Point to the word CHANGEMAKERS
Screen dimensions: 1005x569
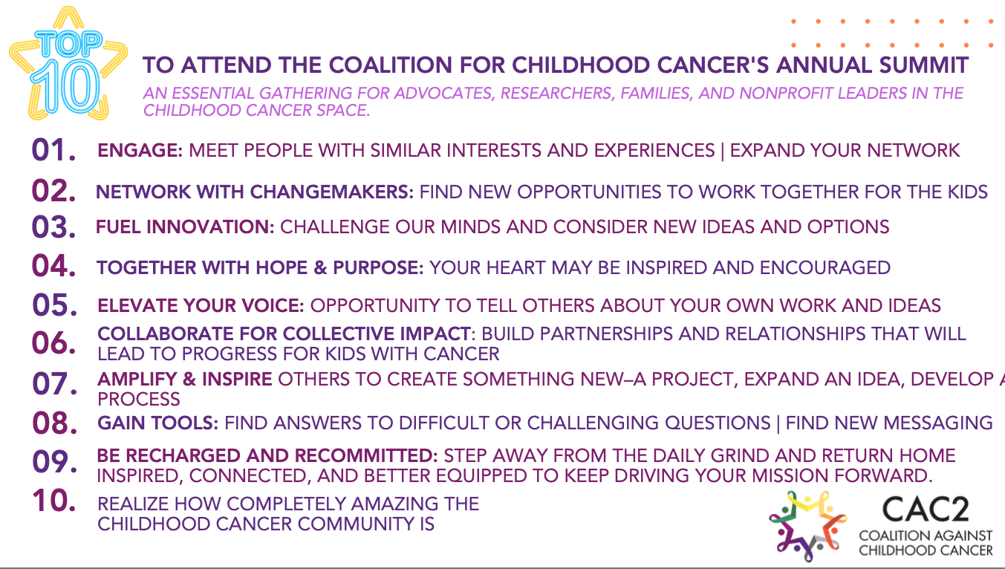point(331,192)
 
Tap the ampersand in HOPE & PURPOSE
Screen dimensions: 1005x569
point(320,268)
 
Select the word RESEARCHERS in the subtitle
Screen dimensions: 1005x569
point(557,94)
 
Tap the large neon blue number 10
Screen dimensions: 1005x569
point(66,86)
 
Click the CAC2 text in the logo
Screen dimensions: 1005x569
point(925,510)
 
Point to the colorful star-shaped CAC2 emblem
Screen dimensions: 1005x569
point(807,526)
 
